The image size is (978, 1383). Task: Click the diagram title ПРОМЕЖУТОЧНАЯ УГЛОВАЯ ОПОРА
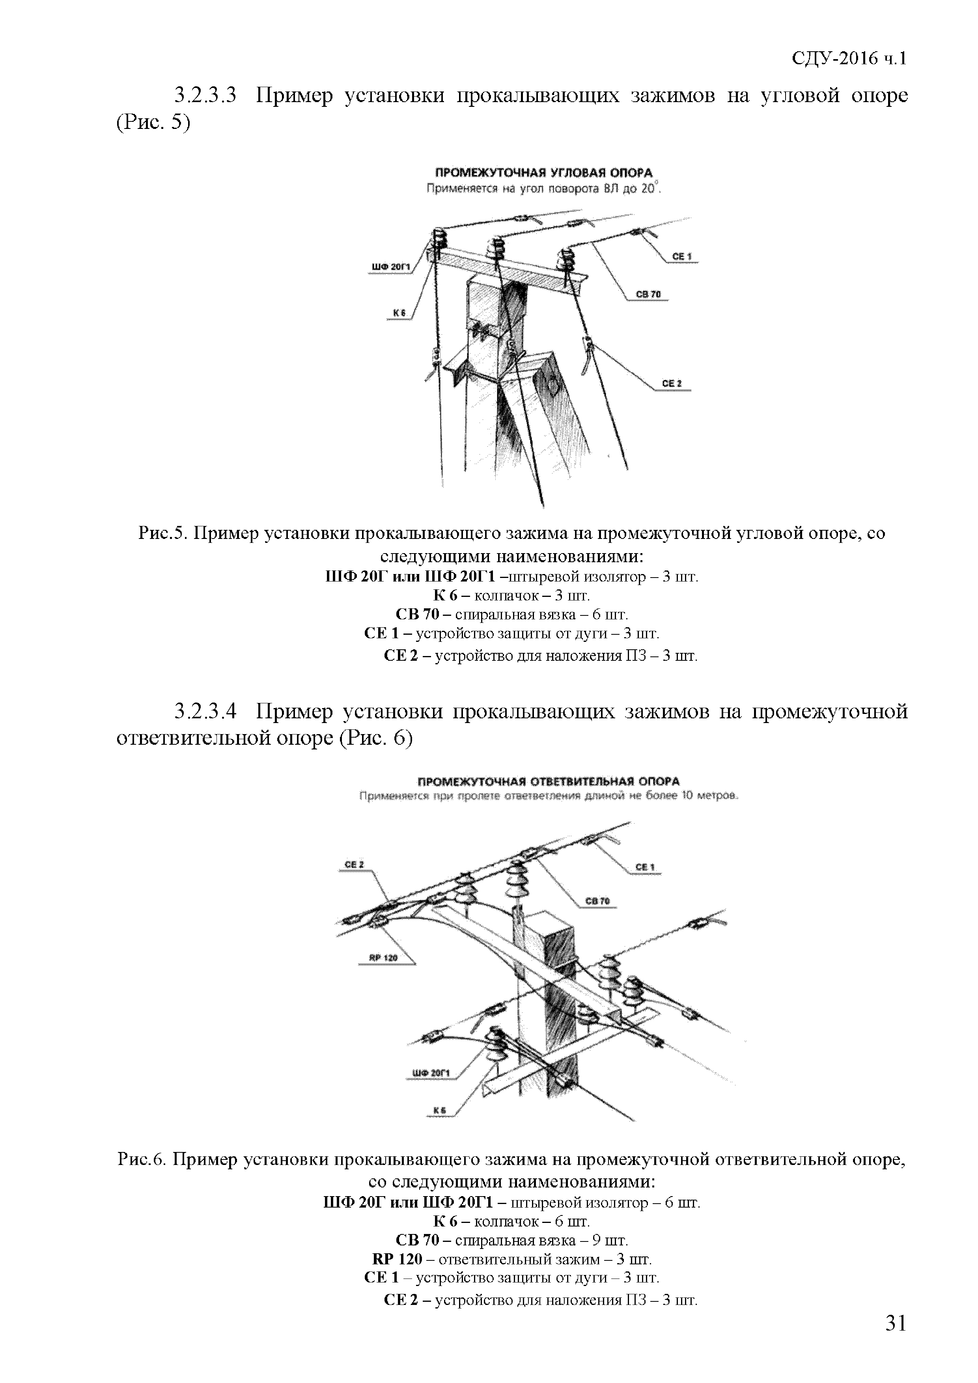544,173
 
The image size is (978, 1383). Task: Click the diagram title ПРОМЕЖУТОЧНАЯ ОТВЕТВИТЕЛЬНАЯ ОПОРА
549,781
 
